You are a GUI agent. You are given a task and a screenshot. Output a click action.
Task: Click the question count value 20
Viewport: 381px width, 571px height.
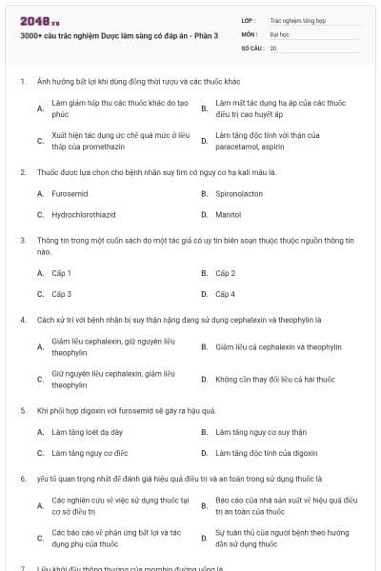[x=273, y=47]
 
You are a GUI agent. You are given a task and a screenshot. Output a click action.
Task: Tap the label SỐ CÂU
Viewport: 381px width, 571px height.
[x=251, y=47]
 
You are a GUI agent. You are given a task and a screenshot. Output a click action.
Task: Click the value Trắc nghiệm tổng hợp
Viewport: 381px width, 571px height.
[x=296, y=19]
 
